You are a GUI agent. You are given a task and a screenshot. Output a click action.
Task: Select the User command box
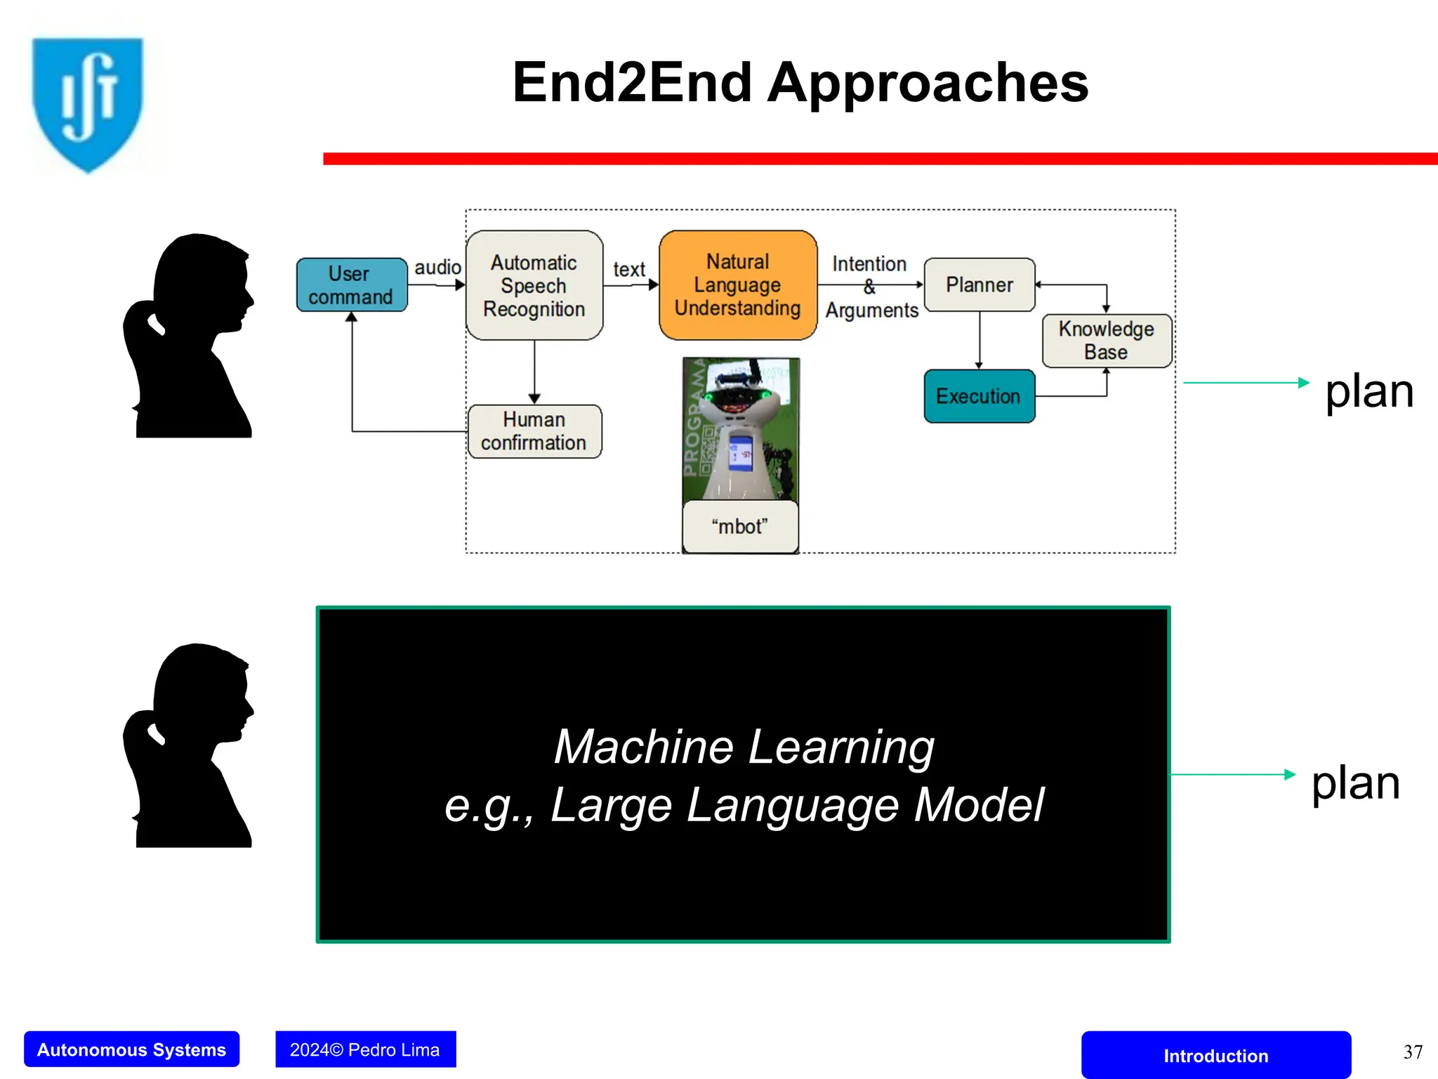point(351,285)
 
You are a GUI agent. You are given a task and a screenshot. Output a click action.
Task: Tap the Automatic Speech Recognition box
point(534,285)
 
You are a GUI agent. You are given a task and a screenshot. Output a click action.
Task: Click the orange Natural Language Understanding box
point(738,285)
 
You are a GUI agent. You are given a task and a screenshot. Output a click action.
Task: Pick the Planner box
point(979,285)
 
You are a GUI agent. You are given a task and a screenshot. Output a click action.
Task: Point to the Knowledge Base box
point(1107,341)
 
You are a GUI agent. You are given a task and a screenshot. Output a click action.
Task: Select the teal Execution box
point(979,396)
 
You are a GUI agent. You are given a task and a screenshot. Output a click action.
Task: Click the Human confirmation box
point(534,431)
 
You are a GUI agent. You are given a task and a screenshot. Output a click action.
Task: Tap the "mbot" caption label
point(740,527)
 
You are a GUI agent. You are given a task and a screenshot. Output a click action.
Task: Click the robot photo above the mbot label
point(741,429)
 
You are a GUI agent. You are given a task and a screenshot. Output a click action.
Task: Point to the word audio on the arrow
point(437,268)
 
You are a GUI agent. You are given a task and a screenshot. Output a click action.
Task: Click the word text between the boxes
point(629,270)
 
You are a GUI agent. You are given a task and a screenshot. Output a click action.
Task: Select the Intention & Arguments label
point(871,287)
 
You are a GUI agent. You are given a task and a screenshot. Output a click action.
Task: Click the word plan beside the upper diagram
point(1369,391)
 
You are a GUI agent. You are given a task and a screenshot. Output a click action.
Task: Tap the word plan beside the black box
point(1356,783)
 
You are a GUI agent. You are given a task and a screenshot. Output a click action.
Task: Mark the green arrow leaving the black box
point(1232,775)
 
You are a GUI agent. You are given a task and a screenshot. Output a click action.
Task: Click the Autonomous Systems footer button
point(132,1049)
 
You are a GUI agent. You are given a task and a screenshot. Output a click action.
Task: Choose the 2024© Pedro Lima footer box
point(365,1049)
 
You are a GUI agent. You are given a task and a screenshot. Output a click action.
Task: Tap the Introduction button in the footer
point(1215,1055)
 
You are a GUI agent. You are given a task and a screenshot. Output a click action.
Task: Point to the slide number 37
point(1413,1052)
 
